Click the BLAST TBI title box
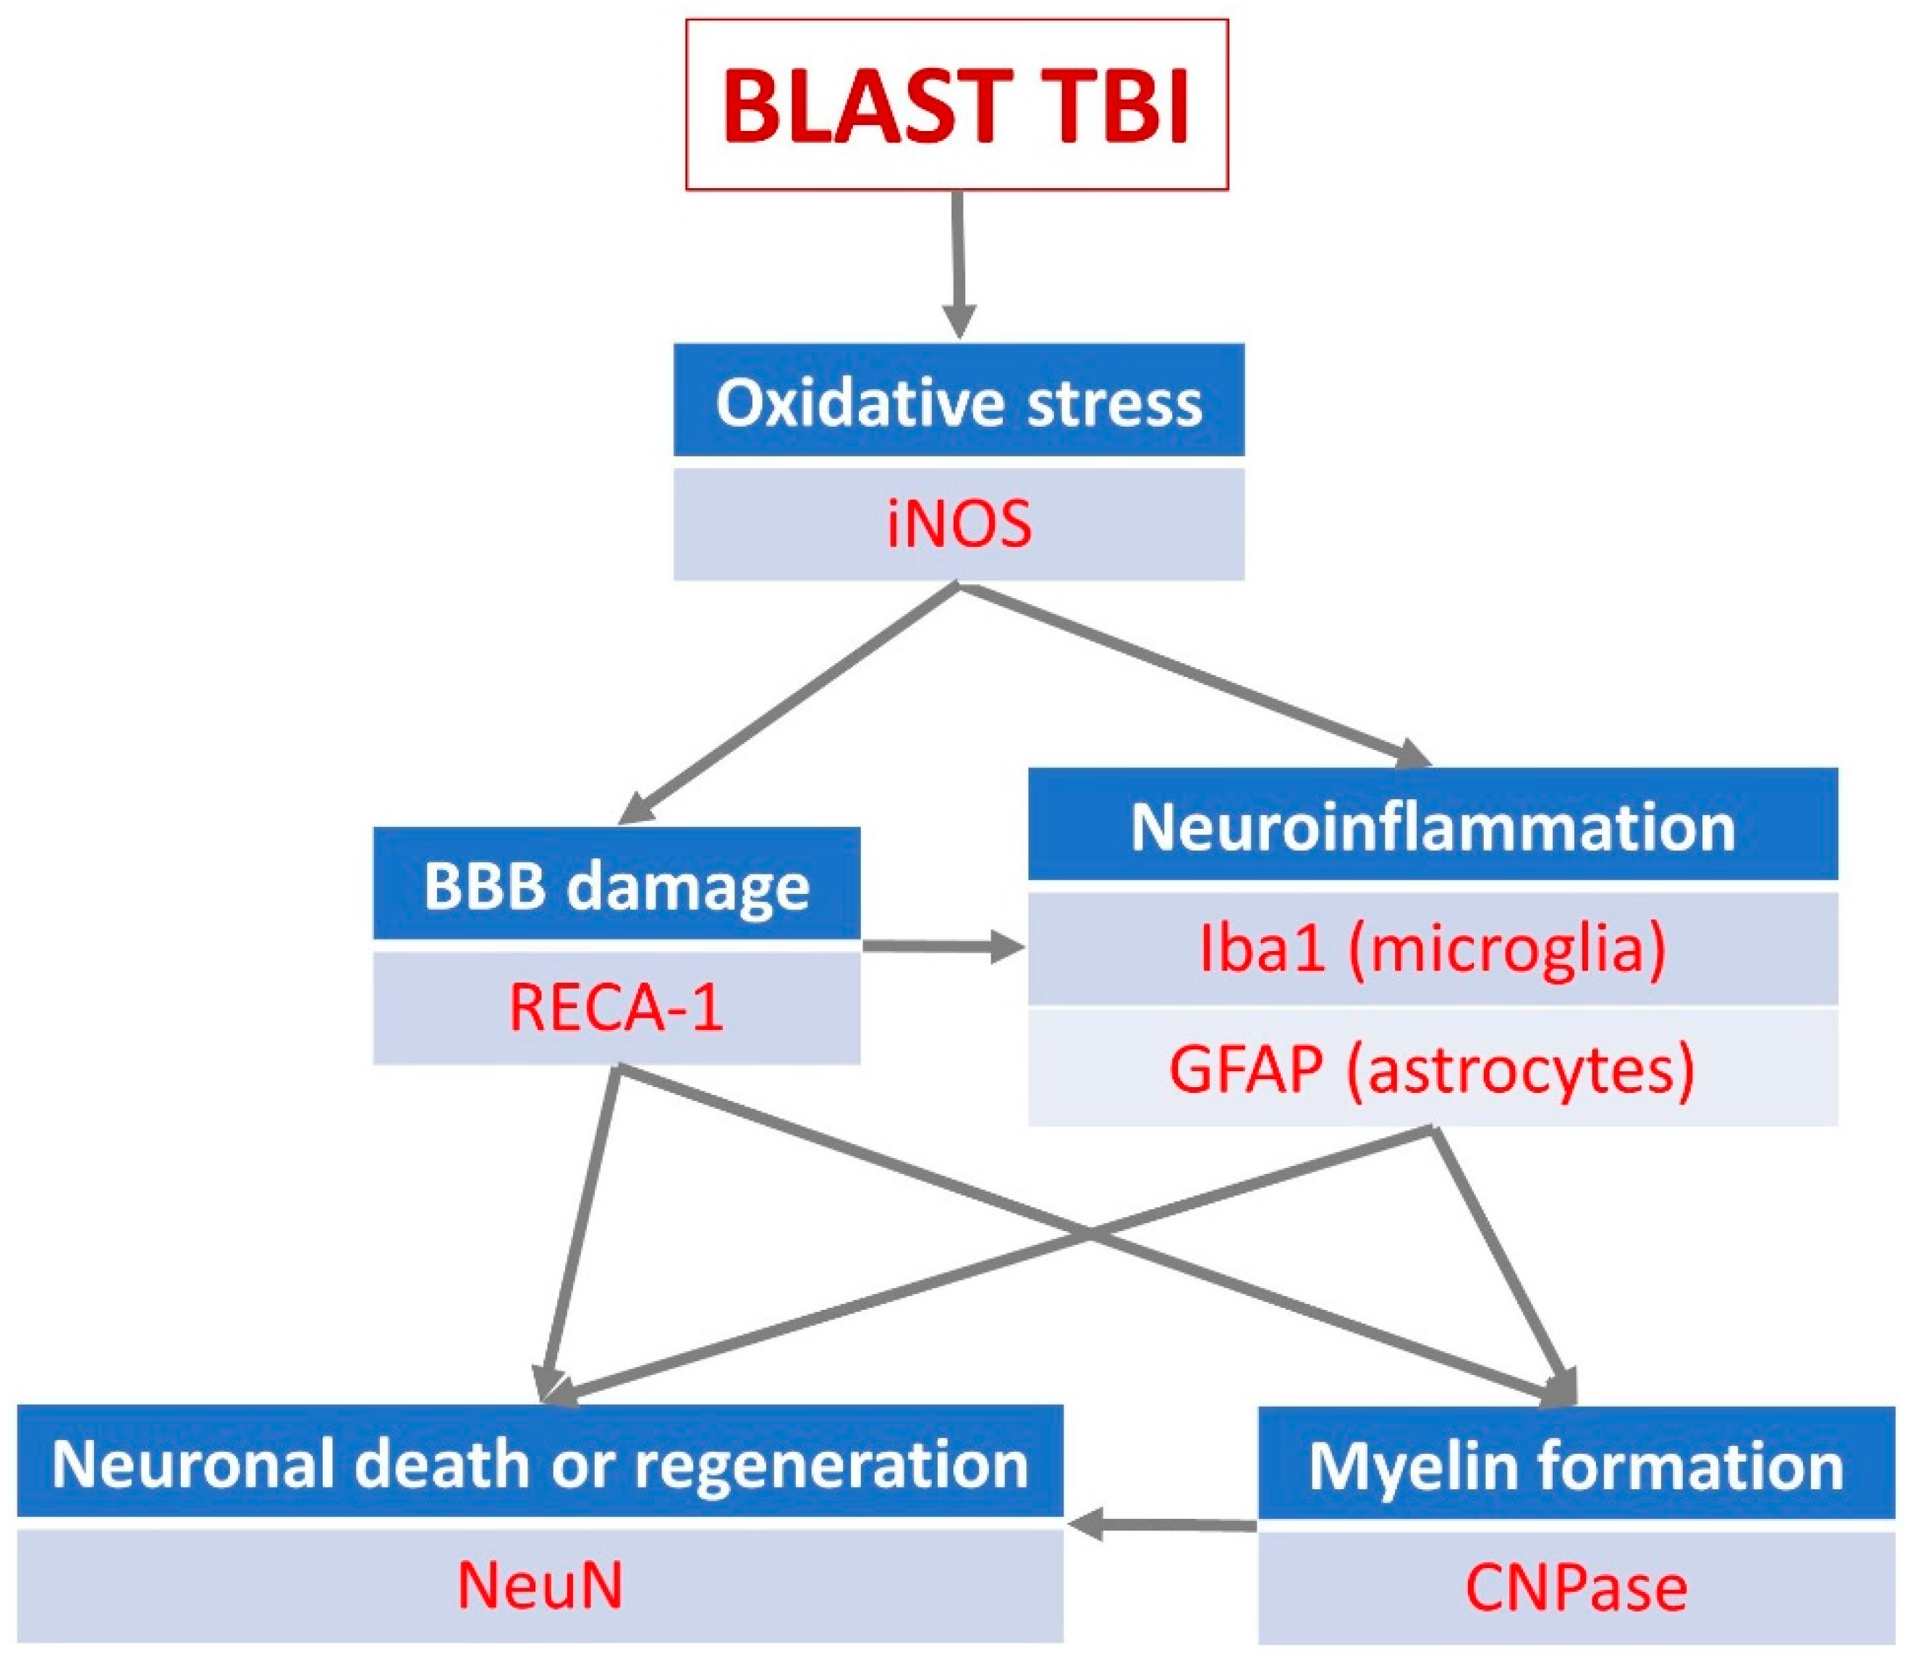click(x=957, y=105)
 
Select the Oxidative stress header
click(x=959, y=401)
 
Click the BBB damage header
click(x=617, y=884)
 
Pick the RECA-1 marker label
click(x=617, y=1008)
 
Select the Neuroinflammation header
click(x=1433, y=824)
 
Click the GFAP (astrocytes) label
click(x=1433, y=1070)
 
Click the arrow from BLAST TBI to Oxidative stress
click(x=959, y=265)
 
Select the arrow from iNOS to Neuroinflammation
click(x=1194, y=676)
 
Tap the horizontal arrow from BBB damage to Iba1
click(x=944, y=948)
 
